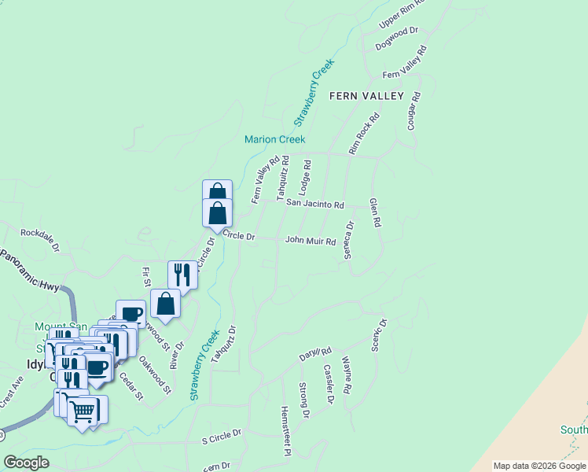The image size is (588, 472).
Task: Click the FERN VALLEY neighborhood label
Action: coord(366,96)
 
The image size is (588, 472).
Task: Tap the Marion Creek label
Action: coord(274,139)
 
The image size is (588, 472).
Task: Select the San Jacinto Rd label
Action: coord(314,205)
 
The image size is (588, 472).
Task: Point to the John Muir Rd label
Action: coord(311,240)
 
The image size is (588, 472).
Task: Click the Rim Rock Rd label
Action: coord(364,133)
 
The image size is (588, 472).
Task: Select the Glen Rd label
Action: coord(375,212)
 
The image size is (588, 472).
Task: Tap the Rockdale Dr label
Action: coord(40,238)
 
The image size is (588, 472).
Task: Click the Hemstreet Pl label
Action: coord(286,431)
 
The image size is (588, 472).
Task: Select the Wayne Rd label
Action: coord(347,375)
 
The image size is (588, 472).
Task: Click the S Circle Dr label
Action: coord(222,433)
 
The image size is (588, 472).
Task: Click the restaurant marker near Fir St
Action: coord(182,275)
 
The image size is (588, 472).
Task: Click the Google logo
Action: coord(26,463)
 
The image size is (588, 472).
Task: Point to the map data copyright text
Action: coord(540,466)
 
